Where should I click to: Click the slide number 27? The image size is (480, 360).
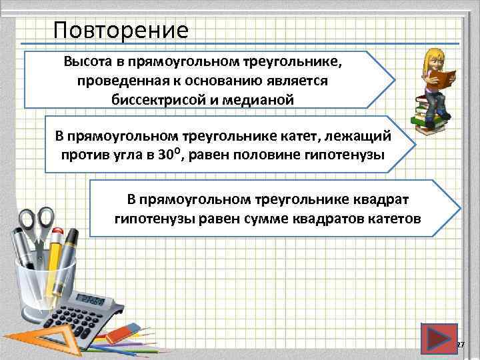point(460,344)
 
